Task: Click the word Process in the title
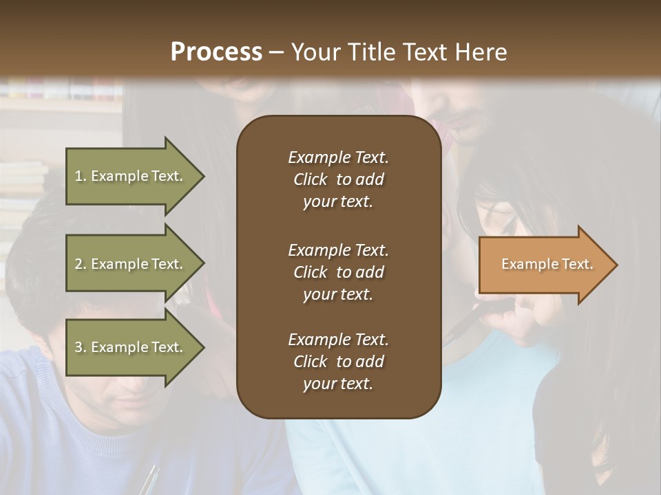point(216,52)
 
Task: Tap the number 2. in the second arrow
point(80,264)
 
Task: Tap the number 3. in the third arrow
point(80,347)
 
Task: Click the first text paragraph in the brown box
point(338,179)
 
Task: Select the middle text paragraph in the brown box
point(338,272)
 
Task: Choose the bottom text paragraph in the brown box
point(338,362)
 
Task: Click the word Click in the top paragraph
point(310,179)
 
